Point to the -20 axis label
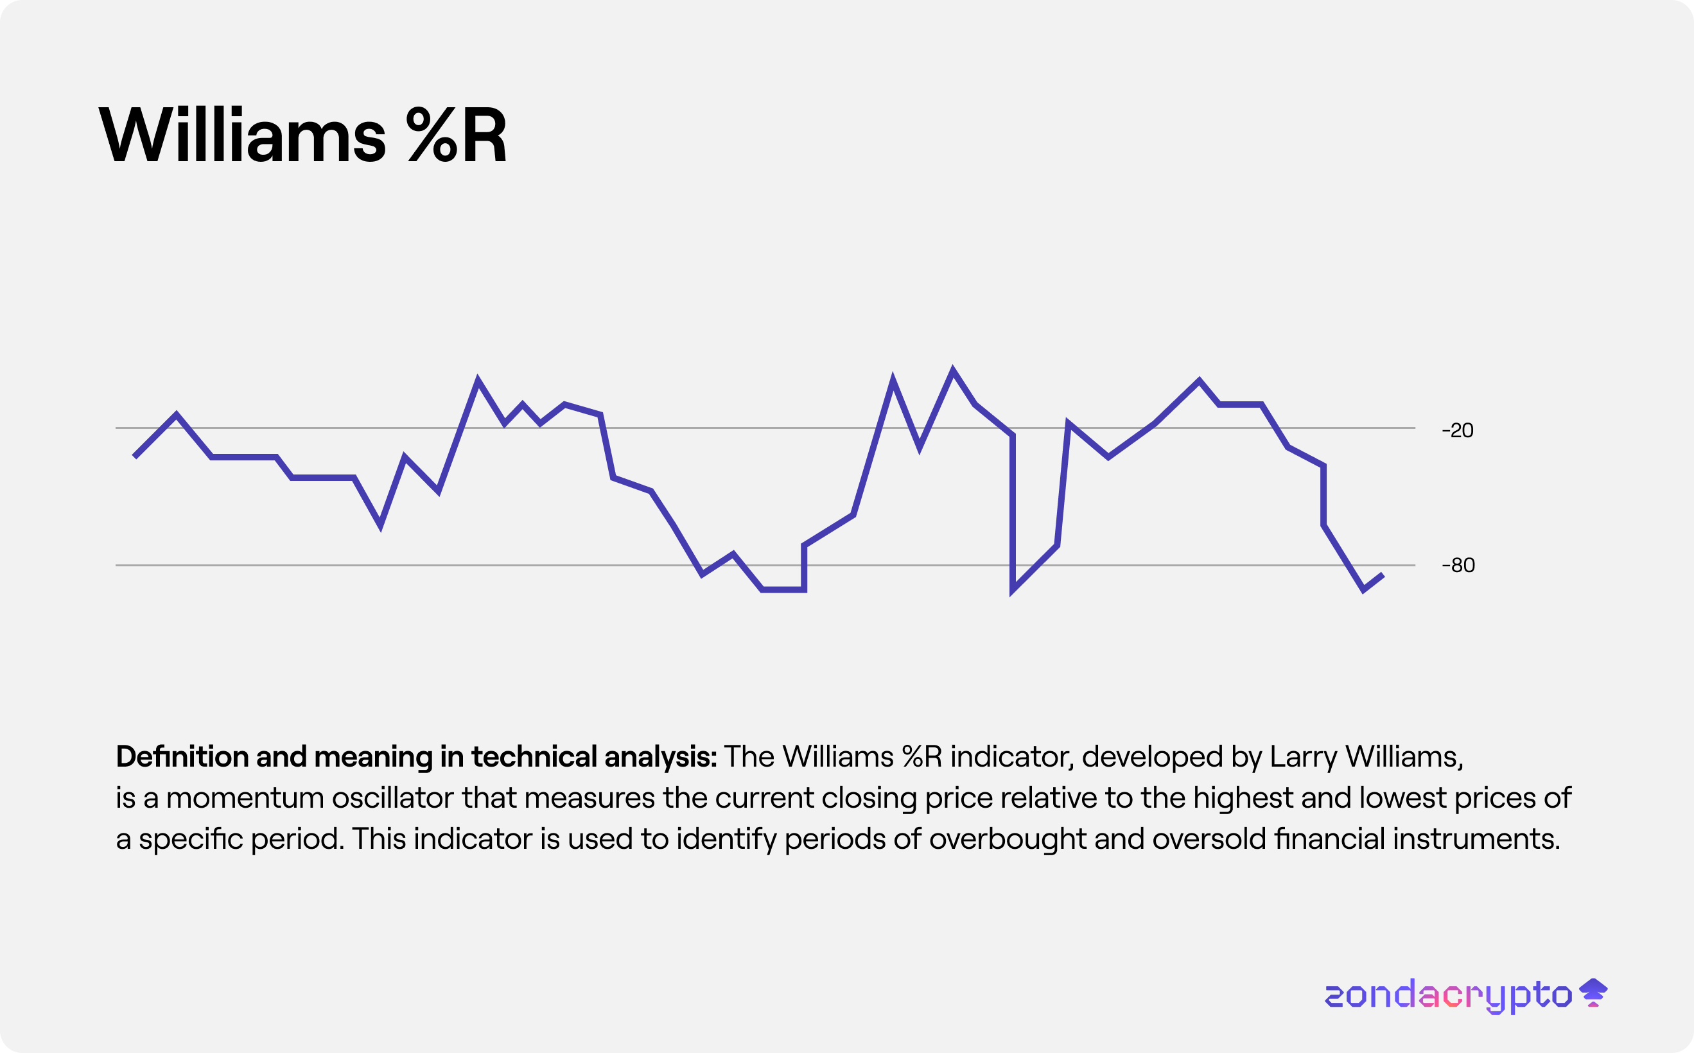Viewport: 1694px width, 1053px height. click(x=1457, y=430)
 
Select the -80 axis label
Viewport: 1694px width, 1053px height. click(x=1458, y=565)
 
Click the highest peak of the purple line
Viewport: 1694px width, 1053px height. click(x=953, y=369)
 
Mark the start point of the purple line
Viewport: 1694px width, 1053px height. click(x=134, y=457)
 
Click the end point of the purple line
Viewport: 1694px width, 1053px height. click(x=1383, y=575)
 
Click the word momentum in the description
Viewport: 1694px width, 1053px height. click(x=245, y=798)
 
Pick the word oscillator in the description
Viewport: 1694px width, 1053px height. click(x=392, y=798)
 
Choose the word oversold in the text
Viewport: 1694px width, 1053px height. click(x=1209, y=839)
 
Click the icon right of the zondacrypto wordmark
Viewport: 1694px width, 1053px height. click(x=1593, y=993)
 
